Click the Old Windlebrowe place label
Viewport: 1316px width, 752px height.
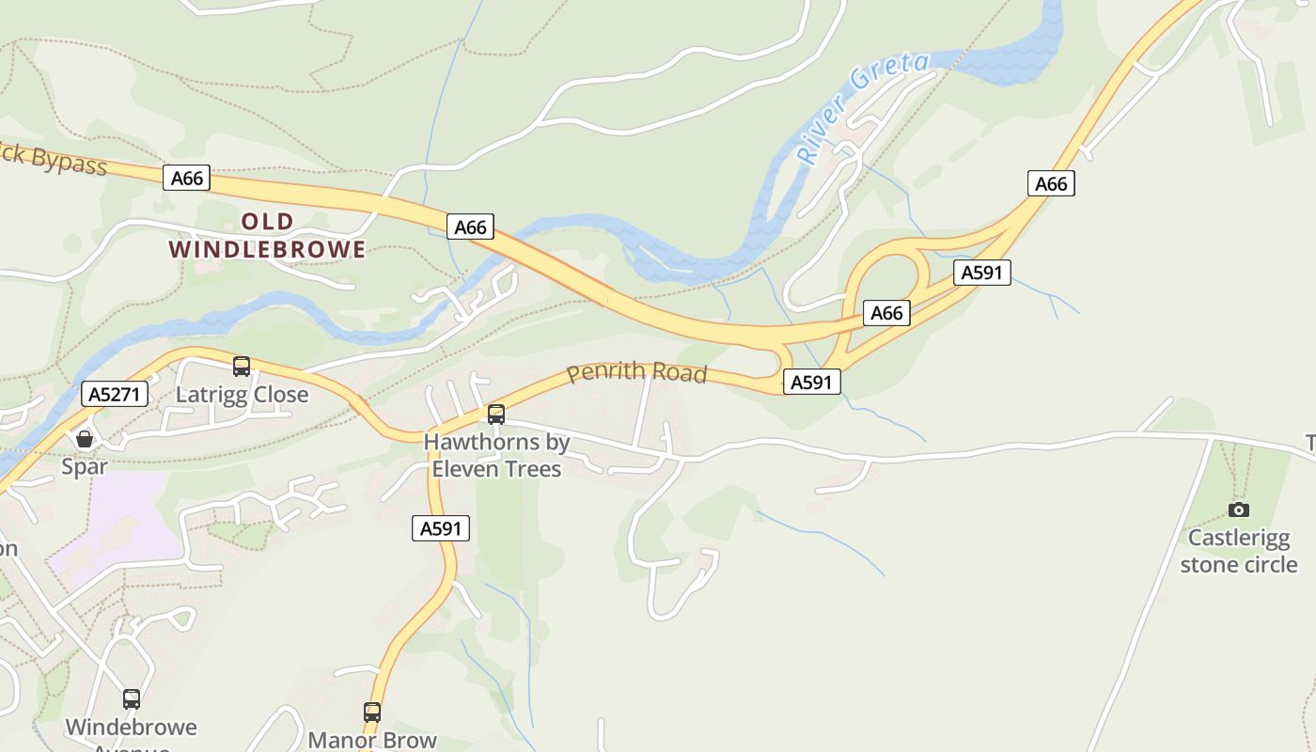(x=267, y=235)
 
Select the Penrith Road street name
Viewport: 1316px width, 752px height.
(x=636, y=371)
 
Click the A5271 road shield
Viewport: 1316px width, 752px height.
(x=116, y=394)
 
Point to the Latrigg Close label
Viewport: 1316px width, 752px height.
(x=243, y=395)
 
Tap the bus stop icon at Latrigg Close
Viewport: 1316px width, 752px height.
(x=242, y=367)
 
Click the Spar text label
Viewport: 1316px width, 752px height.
(x=85, y=466)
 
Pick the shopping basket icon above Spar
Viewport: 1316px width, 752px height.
(x=85, y=439)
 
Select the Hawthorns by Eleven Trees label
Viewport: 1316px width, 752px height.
(x=496, y=455)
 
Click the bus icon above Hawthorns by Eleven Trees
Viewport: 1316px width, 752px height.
(x=496, y=414)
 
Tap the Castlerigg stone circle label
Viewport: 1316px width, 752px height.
(x=1239, y=551)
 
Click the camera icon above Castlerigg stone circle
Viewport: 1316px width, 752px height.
(x=1239, y=509)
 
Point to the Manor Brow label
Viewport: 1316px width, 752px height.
(x=372, y=740)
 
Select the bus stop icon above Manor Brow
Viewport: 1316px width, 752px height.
(x=372, y=713)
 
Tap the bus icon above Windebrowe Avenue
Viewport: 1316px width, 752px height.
(x=132, y=699)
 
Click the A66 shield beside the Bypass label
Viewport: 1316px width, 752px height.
(x=186, y=178)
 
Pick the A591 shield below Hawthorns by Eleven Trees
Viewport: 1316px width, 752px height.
(x=441, y=528)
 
